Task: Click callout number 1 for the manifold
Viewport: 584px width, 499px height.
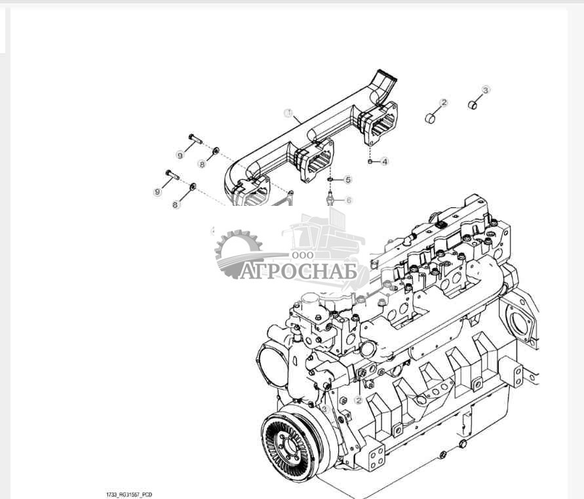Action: click(287, 113)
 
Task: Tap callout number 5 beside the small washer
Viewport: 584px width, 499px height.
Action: click(348, 180)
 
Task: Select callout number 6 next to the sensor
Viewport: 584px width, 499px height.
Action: click(349, 200)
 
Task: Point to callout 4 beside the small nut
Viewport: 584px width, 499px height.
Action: click(385, 161)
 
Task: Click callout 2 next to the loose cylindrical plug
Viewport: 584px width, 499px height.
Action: click(444, 103)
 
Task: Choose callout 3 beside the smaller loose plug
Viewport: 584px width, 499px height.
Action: click(486, 90)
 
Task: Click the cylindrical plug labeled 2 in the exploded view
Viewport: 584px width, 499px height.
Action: click(431, 119)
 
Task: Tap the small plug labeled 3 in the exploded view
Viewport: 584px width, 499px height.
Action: click(473, 105)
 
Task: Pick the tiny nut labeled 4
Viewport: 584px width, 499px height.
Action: click(371, 161)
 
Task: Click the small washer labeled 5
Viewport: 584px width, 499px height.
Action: click(332, 180)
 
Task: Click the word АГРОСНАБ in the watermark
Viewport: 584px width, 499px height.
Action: click(298, 271)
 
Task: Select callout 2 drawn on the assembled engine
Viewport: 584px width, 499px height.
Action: click(359, 399)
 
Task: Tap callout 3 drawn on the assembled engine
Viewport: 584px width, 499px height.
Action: click(324, 409)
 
